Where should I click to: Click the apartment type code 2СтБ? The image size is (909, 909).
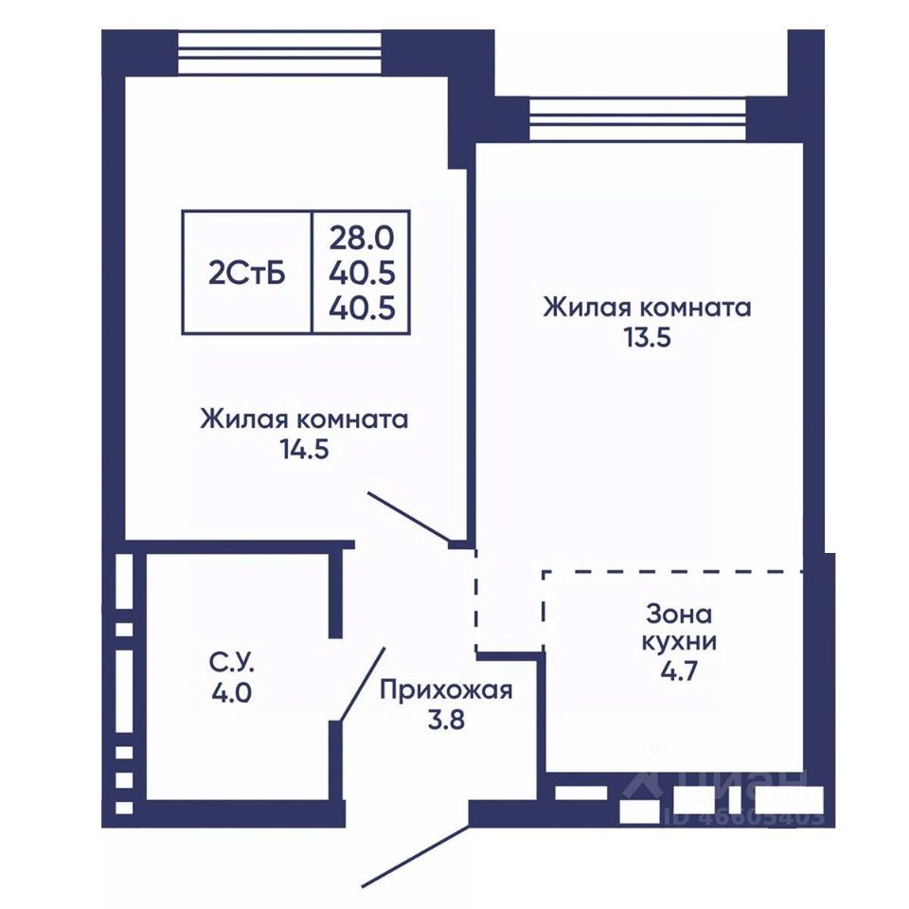(x=247, y=274)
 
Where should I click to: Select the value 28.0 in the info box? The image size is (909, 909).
(x=362, y=238)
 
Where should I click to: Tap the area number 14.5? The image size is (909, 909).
(x=305, y=449)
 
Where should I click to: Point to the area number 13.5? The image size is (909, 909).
(x=647, y=337)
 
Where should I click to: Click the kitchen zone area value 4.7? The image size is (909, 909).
(x=679, y=670)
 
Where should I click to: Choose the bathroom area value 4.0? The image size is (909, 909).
(x=231, y=692)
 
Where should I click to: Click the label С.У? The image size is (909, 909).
(x=232, y=663)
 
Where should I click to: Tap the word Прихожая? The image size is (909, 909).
(x=446, y=690)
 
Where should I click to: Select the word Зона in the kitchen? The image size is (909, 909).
(x=679, y=614)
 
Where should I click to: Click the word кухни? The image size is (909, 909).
(x=680, y=642)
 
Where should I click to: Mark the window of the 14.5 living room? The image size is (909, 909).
(x=279, y=53)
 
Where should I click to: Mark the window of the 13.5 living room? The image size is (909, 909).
(x=637, y=119)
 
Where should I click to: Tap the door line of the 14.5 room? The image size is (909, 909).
(x=409, y=517)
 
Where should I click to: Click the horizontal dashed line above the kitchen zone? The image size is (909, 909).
(x=672, y=572)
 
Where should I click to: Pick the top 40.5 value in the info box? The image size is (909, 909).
(x=362, y=273)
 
